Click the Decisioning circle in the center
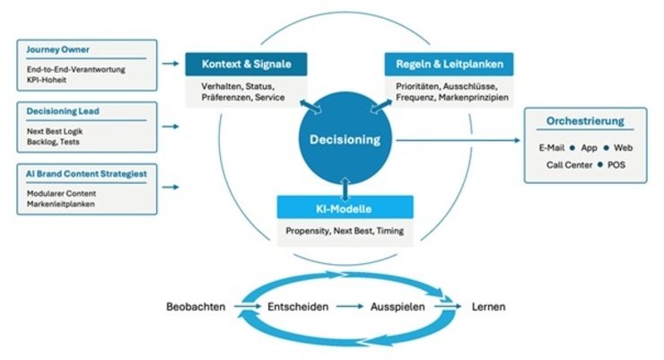click(345, 139)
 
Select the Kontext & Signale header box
click(246, 64)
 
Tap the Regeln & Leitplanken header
click(449, 64)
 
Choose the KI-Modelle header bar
click(345, 207)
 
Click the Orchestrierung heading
click(585, 121)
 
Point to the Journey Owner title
click(57, 49)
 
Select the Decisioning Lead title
click(63, 111)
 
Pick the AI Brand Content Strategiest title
click(86, 173)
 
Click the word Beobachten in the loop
click(196, 307)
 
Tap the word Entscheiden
click(298, 307)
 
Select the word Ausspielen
click(398, 307)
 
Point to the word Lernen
click(488, 307)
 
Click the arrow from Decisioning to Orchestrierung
click(459, 140)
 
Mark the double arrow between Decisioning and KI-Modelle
click(345, 189)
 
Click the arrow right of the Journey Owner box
click(170, 64)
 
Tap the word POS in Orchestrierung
click(616, 165)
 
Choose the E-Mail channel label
click(551, 148)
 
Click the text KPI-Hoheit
click(47, 80)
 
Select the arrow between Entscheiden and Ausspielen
click(350, 306)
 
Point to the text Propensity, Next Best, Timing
click(345, 232)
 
